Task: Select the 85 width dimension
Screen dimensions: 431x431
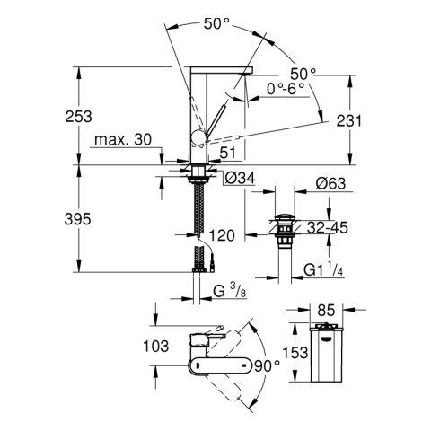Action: [x=326, y=314]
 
